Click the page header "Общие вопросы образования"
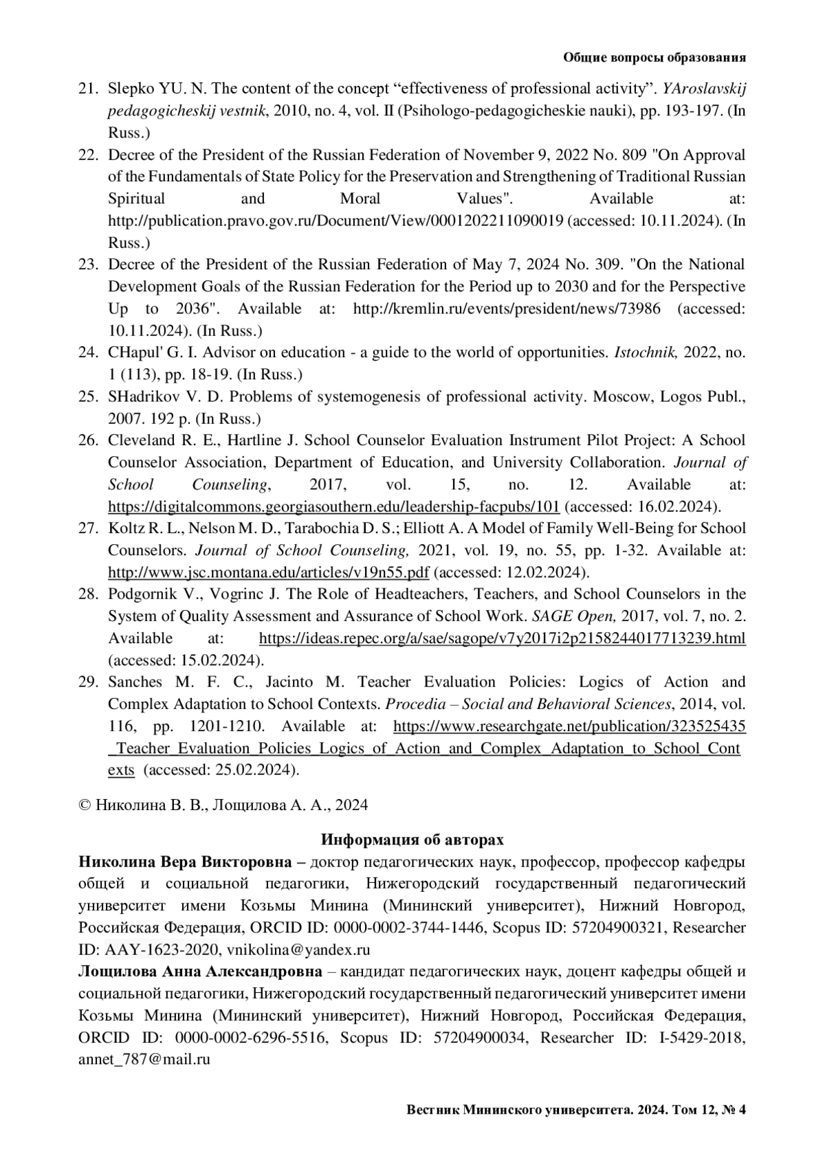tap(654, 58)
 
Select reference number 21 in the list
tap(89, 89)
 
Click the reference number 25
tap(89, 396)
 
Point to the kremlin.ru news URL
tap(506, 309)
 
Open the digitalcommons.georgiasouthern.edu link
tap(333, 506)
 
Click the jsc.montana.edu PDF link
tap(268, 572)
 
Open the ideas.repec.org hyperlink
tap(502, 638)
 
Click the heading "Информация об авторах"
tap(412, 840)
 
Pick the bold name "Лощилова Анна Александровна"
tap(200, 972)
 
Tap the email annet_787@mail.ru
tap(144, 1060)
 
